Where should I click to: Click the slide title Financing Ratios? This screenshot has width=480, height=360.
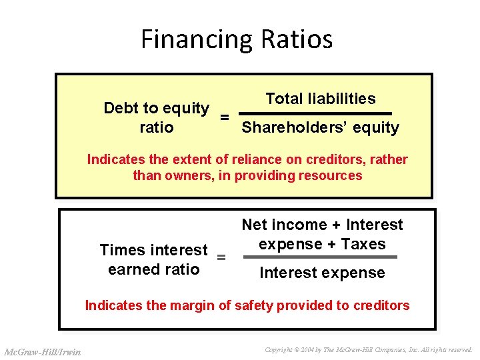coord(237,39)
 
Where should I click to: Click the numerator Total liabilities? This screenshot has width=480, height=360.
coord(320,99)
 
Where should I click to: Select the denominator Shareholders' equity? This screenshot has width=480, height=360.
coord(320,127)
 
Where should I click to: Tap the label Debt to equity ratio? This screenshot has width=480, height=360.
coord(157,117)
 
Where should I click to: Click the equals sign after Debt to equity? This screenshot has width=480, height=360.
coord(225,117)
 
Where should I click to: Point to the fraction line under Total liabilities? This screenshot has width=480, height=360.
coord(320,113)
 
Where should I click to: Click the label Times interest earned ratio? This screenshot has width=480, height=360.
coord(154,259)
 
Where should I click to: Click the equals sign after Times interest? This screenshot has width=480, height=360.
coord(222,258)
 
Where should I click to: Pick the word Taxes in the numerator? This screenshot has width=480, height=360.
coord(363,244)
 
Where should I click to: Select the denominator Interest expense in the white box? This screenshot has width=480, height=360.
coord(322,273)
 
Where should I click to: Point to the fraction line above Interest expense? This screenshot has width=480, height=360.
coord(320,257)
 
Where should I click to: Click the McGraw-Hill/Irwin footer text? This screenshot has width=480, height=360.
coord(43,351)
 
